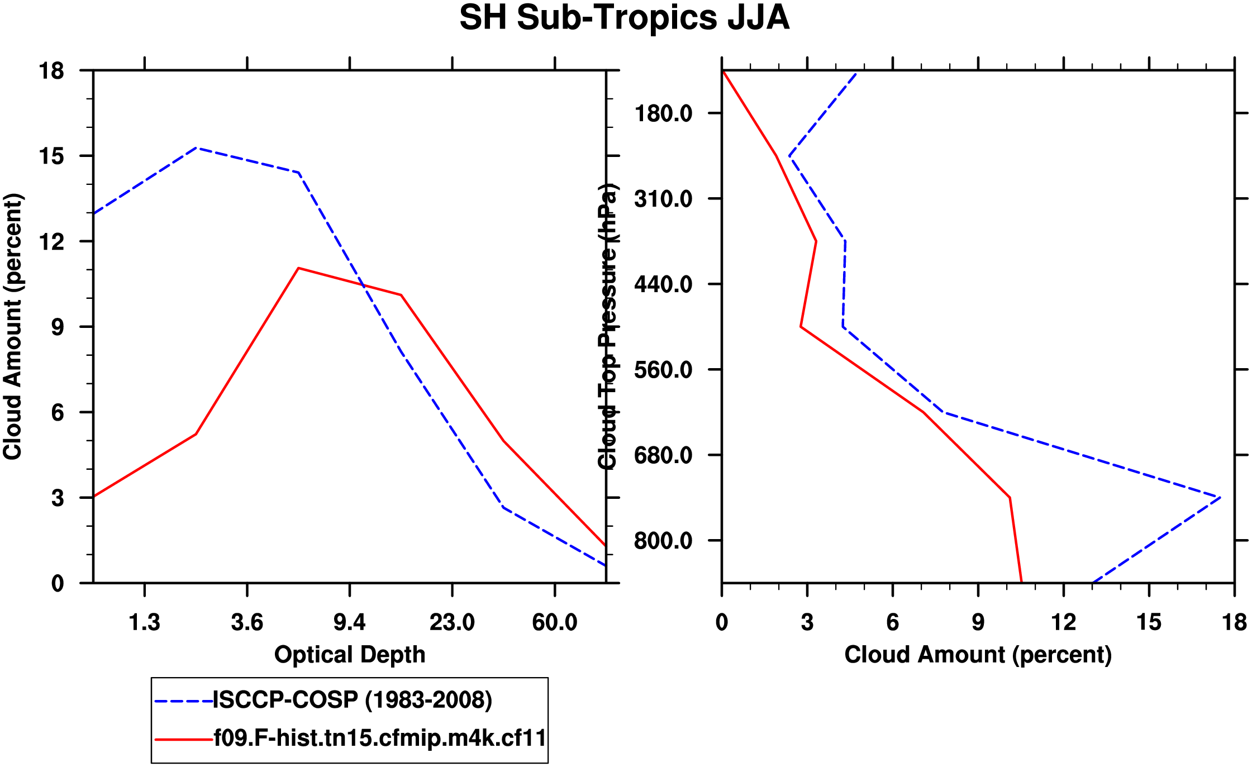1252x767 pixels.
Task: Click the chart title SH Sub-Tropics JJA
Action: pos(624,18)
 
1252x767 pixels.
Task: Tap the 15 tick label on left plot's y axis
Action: pos(51,156)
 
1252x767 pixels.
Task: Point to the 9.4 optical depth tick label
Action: pos(350,622)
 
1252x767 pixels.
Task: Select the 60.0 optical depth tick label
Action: pos(554,622)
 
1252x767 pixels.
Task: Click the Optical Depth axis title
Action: pos(350,655)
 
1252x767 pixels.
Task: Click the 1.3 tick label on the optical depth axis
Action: pos(145,622)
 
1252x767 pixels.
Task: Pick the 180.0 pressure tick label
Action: pos(663,114)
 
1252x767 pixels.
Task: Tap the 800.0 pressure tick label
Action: pos(663,541)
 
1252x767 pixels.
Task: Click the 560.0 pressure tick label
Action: pos(663,370)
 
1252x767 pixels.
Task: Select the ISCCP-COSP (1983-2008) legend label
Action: pos(353,700)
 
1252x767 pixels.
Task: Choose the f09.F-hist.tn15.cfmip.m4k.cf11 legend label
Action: pos(380,739)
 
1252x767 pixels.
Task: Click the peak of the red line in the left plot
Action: pos(299,268)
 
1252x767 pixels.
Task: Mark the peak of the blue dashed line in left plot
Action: pos(196,148)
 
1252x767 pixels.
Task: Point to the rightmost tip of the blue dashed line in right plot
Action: pos(1220,497)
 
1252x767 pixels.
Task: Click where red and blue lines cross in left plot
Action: pos(363,286)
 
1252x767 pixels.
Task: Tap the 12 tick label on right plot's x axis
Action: pos(1063,622)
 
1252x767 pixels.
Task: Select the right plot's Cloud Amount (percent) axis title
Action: pos(978,655)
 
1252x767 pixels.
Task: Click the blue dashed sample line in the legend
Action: pos(183,701)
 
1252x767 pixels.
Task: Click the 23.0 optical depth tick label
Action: pos(452,622)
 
